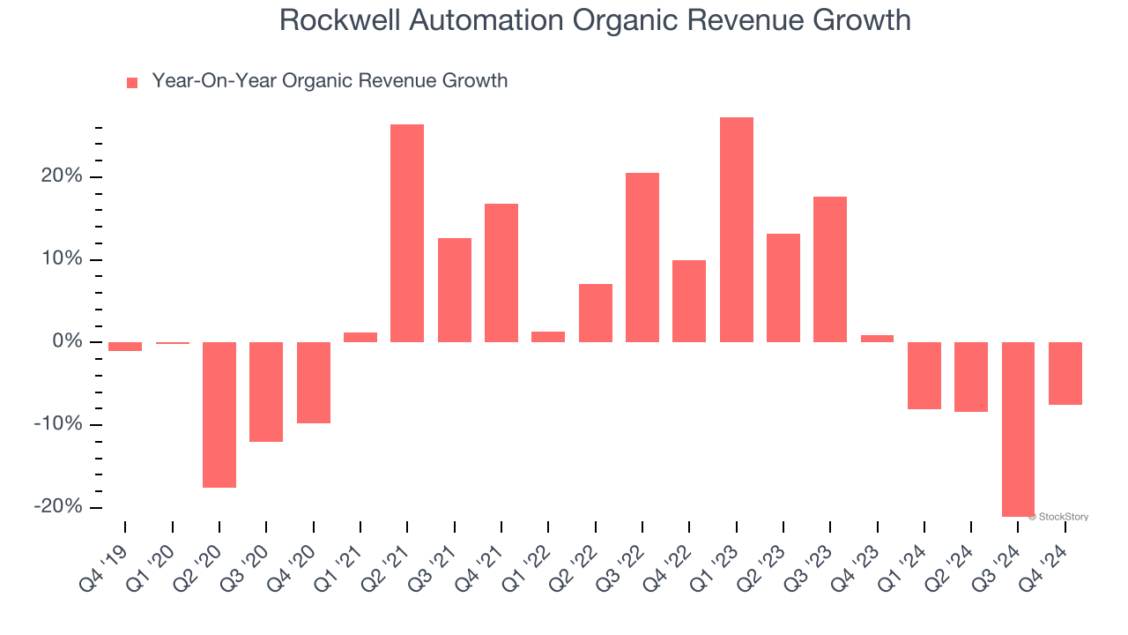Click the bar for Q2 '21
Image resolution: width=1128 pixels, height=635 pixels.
[x=407, y=233]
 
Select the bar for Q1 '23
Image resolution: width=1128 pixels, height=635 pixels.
[x=736, y=229]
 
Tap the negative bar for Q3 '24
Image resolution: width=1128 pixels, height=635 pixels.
[x=1018, y=429]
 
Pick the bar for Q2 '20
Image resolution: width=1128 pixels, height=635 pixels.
[x=219, y=415]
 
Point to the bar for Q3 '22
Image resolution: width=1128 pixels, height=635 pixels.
[x=642, y=258]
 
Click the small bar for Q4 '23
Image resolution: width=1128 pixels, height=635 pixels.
[x=877, y=339]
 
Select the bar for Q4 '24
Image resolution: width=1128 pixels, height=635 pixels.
[x=1065, y=373]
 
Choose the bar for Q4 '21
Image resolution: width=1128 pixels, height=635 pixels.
[x=501, y=273]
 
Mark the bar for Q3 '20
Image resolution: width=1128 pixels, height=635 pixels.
[x=266, y=392]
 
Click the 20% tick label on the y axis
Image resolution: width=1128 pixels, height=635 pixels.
[x=61, y=176]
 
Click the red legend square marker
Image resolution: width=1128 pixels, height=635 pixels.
[x=132, y=83]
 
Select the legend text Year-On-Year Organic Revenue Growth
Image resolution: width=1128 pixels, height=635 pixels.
[x=330, y=81]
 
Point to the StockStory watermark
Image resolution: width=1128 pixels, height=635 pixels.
[x=1060, y=517]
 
